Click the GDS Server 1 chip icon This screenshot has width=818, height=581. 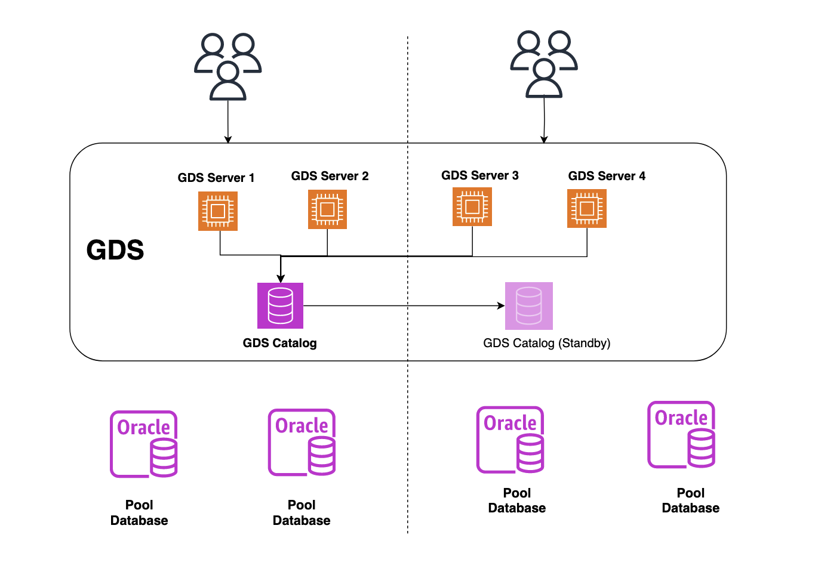[x=218, y=211]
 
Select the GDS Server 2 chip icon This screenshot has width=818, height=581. [x=327, y=209]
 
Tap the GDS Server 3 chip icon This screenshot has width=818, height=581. [x=472, y=206]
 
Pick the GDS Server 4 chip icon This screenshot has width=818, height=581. [x=587, y=208]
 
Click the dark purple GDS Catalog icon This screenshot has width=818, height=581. [x=280, y=305]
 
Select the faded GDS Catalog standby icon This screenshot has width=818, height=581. [x=529, y=306]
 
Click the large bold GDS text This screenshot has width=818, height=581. [x=115, y=250]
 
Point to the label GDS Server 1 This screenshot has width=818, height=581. [x=216, y=178]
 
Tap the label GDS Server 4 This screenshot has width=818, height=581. [x=607, y=176]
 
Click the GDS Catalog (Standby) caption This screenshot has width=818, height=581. [x=546, y=343]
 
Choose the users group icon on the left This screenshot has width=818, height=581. [x=228, y=66]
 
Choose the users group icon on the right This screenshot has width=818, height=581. [x=544, y=64]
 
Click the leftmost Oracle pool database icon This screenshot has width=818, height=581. [x=144, y=444]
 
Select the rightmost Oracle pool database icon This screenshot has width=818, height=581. [x=681, y=435]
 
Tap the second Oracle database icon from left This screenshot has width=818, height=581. [x=302, y=443]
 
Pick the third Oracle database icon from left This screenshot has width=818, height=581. [x=511, y=440]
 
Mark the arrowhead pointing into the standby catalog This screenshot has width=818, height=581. [x=501, y=306]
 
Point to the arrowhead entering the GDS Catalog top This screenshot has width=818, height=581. [x=281, y=279]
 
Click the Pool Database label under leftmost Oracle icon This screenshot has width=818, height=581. [x=139, y=512]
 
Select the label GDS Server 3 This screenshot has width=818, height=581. [x=480, y=175]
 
